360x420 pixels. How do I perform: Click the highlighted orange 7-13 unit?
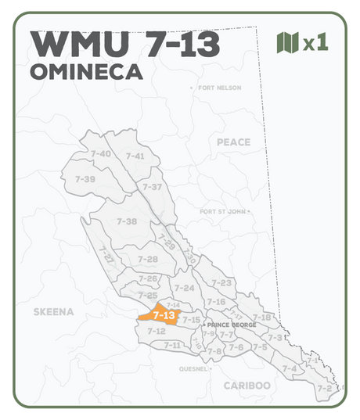(x=163, y=316)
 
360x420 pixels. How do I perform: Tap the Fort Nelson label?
(x=221, y=88)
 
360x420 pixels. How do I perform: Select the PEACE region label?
(x=234, y=142)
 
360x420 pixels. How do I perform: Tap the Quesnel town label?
(x=194, y=368)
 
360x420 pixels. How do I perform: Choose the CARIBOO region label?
(x=247, y=386)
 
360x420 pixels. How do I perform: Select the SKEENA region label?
(x=53, y=312)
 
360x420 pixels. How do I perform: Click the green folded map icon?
(x=288, y=42)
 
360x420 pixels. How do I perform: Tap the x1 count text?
(x=315, y=43)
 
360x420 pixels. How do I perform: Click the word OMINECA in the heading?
(x=86, y=73)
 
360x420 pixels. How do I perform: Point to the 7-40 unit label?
(x=100, y=154)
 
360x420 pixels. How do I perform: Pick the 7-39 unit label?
(x=85, y=179)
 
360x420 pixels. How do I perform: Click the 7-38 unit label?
(x=126, y=221)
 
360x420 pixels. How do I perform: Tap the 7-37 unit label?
(x=152, y=187)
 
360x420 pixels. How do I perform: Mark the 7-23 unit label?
(x=221, y=282)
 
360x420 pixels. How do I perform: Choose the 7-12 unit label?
(x=156, y=331)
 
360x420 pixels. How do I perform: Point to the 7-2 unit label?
(x=325, y=388)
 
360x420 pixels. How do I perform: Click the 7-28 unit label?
(x=148, y=259)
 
